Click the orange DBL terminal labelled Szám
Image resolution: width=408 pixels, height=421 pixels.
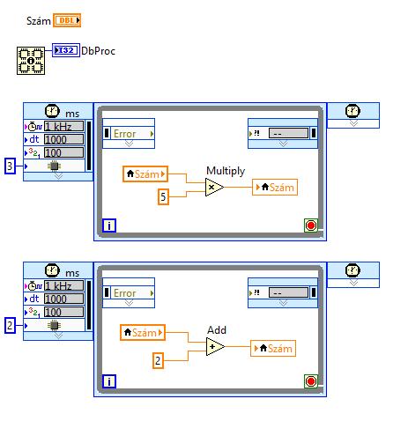pyautogui.click(x=67, y=20)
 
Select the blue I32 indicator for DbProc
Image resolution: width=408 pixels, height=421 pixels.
pyautogui.click(x=66, y=50)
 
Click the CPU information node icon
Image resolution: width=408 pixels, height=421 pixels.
pyautogui.click(x=31, y=61)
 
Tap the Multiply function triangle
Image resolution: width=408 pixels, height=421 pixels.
pyautogui.click(x=214, y=187)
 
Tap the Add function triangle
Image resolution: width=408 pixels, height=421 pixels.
pyautogui.click(x=215, y=346)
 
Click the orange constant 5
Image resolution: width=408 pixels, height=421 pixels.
pyautogui.click(x=163, y=196)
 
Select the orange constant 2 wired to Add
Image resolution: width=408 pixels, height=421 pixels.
pyautogui.click(x=158, y=360)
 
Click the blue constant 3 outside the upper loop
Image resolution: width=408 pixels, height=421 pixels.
pyautogui.click(x=10, y=166)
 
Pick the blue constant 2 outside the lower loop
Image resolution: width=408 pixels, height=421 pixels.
pyautogui.click(x=10, y=325)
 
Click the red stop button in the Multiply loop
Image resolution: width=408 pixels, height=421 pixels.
pyautogui.click(x=311, y=225)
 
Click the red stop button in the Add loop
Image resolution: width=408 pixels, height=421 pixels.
pyautogui.click(x=311, y=381)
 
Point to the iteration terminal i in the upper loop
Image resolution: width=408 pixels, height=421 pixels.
pyautogui.click(x=109, y=225)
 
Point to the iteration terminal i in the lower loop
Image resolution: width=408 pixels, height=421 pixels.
pyautogui.click(x=109, y=381)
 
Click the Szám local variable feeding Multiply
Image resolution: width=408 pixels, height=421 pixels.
pyautogui.click(x=145, y=174)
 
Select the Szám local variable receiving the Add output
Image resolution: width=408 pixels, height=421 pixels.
pyautogui.click(x=273, y=348)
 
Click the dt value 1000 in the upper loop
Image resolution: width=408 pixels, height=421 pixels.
pyautogui.click(x=63, y=139)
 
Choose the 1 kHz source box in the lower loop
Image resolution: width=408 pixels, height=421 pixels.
pyautogui.click(x=63, y=285)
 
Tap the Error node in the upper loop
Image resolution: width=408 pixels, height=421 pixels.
pyautogui.click(x=129, y=134)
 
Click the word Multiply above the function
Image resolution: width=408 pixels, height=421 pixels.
pyautogui.click(x=226, y=171)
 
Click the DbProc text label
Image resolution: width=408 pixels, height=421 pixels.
pyautogui.click(x=98, y=51)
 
